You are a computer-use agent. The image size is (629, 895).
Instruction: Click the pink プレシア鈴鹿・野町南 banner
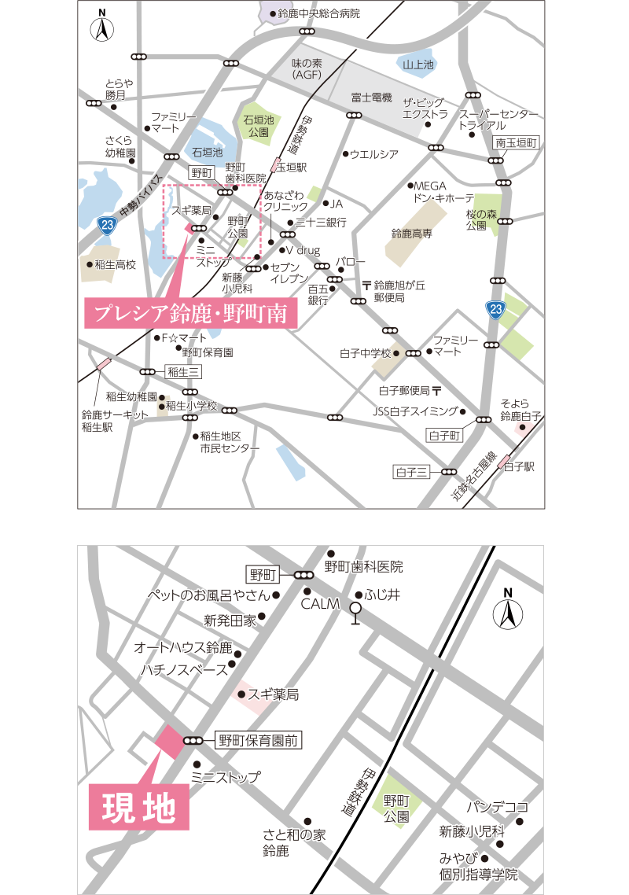point(192,314)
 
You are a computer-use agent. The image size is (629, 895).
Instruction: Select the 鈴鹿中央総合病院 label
point(318,13)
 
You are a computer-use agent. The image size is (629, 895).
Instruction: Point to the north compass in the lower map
point(508,610)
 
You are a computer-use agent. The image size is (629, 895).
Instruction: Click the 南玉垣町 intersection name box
point(515,143)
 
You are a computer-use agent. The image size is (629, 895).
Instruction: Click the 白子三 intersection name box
point(412,472)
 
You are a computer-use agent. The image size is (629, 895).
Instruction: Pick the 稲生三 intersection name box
point(184,372)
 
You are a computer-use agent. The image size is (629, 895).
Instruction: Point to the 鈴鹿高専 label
point(411,234)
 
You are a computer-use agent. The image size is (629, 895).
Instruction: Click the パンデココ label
point(496,807)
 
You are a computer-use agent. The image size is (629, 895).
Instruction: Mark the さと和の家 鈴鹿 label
point(294,843)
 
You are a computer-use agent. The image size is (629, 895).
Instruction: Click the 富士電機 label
point(371,98)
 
